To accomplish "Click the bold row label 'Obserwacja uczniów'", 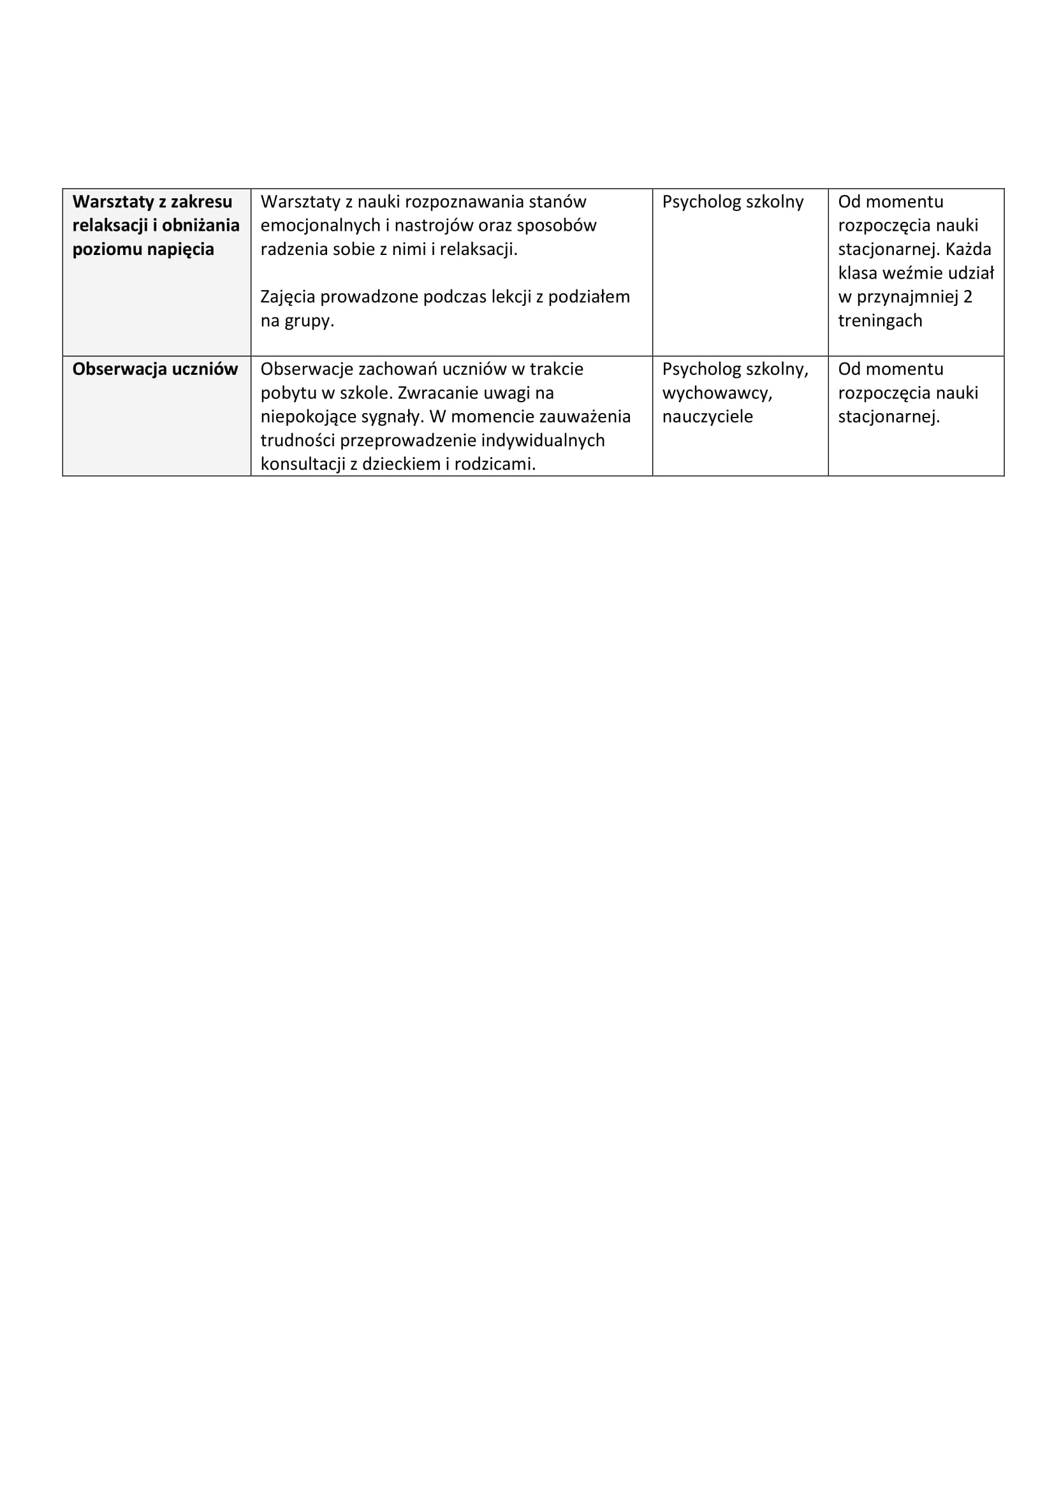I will click(x=155, y=370).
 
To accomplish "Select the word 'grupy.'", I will click(x=309, y=321).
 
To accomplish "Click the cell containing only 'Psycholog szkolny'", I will click(x=733, y=202).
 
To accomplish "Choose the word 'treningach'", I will click(x=879, y=321).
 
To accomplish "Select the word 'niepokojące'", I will click(x=300, y=417).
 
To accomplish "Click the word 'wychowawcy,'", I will click(x=717, y=393).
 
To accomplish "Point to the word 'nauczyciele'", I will click(x=707, y=417).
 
